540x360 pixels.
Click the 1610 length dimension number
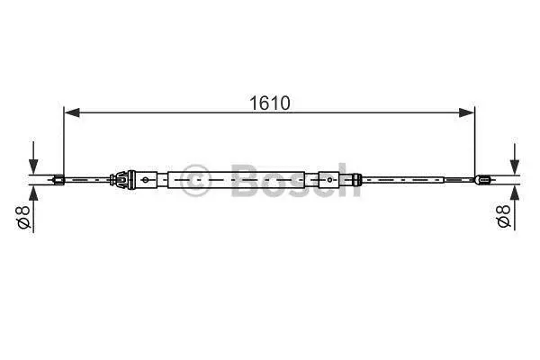click(x=270, y=103)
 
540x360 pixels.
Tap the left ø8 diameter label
click(x=24, y=218)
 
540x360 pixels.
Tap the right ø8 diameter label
click(x=503, y=216)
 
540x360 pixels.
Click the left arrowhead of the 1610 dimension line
click(x=72, y=112)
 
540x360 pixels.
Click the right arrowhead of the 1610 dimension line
click(x=466, y=112)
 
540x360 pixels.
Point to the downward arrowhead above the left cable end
click(x=33, y=166)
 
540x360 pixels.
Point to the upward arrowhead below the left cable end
click(x=33, y=193)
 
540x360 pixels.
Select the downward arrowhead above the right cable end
click(x=515, y=166)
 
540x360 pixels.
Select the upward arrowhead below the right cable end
click(x=515, y=193)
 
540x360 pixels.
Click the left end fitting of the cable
click(x=58, y=180)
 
